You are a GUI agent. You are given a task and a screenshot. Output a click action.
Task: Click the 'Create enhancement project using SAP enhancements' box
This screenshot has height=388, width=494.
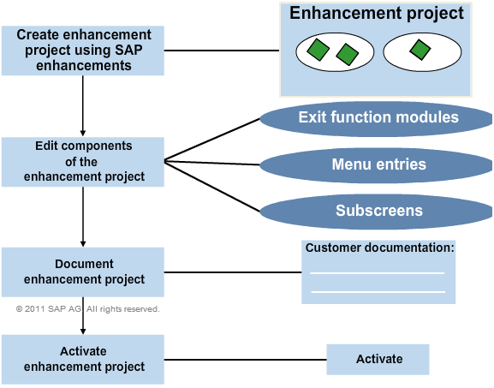tap(83, 51)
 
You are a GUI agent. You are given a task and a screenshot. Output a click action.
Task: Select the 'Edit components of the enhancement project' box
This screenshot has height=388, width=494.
tap(83, 162)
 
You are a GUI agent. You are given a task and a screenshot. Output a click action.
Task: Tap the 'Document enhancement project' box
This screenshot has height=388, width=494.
tap(83, 272)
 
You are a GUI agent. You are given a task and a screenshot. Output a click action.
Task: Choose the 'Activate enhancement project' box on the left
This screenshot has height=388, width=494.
tap(83, 360)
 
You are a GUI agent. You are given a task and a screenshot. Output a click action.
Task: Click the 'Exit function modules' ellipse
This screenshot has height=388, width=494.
tap(376, 119)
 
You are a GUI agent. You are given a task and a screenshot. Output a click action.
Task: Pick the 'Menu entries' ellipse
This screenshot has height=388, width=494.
tap(376, 165)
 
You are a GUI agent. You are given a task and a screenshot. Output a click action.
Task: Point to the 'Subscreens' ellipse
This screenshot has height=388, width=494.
tap(376, 212)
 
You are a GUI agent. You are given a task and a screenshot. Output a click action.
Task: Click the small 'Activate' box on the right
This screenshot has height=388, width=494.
tap(378, 360)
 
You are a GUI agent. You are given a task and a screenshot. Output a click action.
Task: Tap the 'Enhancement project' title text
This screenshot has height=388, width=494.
tap(377, 13)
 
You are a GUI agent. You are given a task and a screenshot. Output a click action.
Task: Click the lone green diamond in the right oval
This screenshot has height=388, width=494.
tap(420, 50)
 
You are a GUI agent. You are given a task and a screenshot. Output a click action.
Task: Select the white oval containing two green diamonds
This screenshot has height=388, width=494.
tap(335, 52)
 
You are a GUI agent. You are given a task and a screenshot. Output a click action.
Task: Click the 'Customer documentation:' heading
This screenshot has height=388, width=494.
tap(379, 248)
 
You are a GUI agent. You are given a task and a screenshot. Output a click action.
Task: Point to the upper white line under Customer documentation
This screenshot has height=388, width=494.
tap(377, 273)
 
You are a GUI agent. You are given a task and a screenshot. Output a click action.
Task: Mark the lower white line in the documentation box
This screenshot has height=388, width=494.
tap(378, 292)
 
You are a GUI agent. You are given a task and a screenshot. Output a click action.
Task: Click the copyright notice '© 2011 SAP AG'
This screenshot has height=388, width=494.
tap(49, 309)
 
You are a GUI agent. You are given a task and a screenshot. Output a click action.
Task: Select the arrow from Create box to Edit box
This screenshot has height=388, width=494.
tap(83, 106)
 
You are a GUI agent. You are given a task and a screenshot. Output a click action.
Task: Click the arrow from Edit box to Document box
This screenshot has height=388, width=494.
tap(83, 217)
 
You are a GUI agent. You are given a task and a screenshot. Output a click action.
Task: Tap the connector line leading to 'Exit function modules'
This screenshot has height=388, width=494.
tap(212, 140)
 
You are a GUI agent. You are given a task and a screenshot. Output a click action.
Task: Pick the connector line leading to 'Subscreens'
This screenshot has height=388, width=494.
tap(212, 186)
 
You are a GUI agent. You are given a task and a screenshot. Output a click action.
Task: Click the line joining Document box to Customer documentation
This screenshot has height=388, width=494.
tap(233, 272)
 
